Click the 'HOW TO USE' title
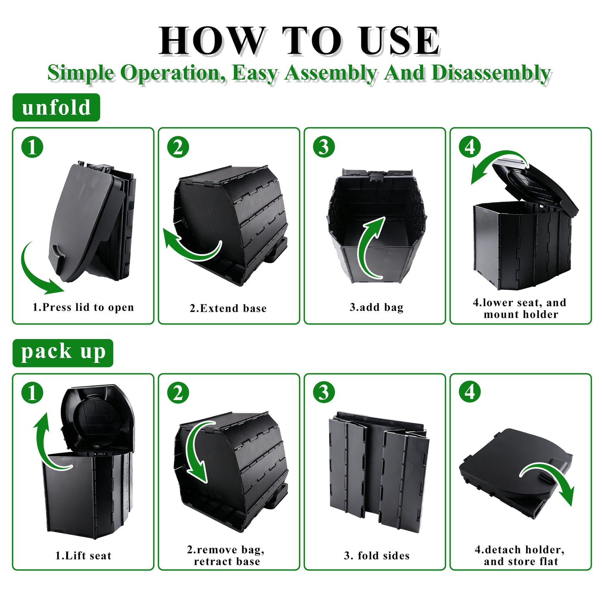pyautogui.click(x=299, y=40)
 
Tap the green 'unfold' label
pyautogui.click(x=56, y=107)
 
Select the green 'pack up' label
pyautogui.click(x=63, y=353)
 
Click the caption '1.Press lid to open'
pyautogui.click(x=83, y=307)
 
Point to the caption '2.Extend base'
pyautogui.click(x=228, y=308)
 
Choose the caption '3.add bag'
pyautogui.click(x=377, y=307)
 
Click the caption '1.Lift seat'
pyautogui.click(x=83, y=556)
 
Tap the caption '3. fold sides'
pyautogui.click(x=377, y=556)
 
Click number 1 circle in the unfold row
pyautogui.click(x=32, y=147)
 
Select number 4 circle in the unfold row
pyautogui.click(x=470, y=147)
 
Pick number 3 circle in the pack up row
pyautogui.click(x=324, y=393)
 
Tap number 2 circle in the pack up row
pyautogui.click(x=178, y=393)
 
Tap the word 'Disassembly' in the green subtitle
pyautogui.click(x=492, y=73)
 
